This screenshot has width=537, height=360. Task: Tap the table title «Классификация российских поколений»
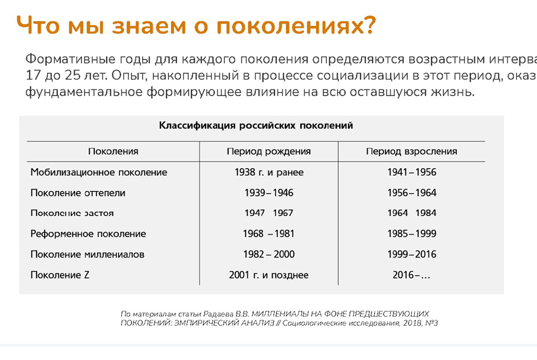point(256,126)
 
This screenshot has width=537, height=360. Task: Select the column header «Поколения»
point(113,151)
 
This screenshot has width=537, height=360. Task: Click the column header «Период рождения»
point(268,151)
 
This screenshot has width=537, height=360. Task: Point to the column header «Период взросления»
point(412,151)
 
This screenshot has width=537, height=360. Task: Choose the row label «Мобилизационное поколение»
point(99,172)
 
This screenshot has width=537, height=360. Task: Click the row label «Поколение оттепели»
point(78,193)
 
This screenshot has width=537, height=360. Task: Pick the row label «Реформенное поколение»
point(88,234)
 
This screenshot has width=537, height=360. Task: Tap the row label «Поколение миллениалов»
point(88,255)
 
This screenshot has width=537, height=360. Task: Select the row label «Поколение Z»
point(60,275)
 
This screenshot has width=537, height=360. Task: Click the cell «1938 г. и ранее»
point(268,172)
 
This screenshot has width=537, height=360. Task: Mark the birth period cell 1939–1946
point(268,193)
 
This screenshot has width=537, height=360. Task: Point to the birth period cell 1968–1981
point(268,234)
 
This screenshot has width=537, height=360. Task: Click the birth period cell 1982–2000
point(268,255)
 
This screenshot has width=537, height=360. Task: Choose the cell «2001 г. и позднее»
point(268,275)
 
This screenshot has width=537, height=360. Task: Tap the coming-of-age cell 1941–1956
point(412,172)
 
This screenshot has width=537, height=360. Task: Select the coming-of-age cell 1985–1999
point(412,234)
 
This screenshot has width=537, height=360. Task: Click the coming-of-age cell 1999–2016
point(412,255)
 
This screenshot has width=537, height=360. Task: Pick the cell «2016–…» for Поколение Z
point(412,275)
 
